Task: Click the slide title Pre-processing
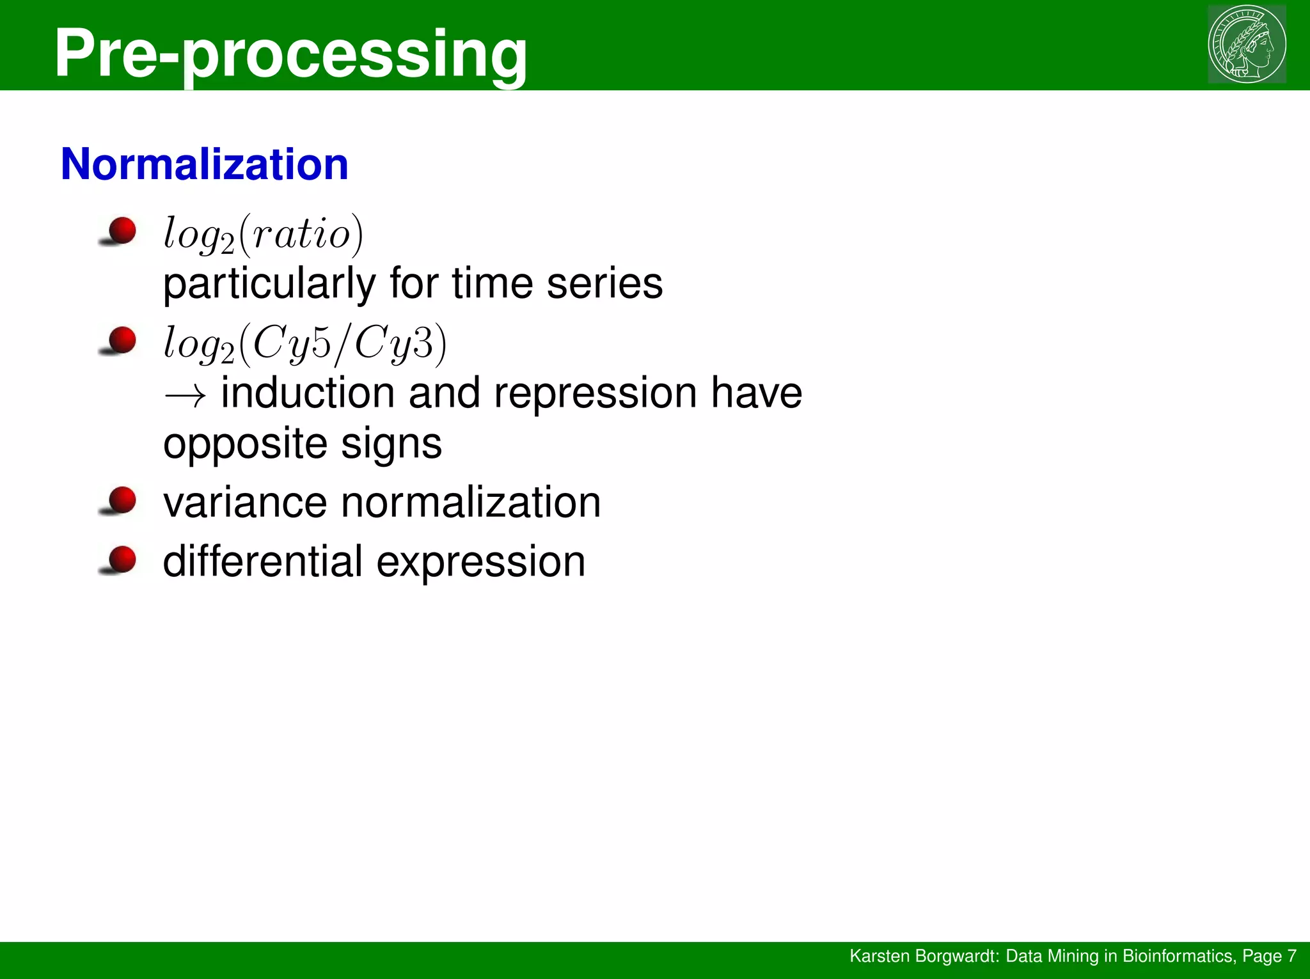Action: (x=291, y=54)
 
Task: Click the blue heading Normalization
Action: (x=204, y=165)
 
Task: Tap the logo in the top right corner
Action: (x=1247, y=44)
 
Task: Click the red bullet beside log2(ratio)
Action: (x=121, y=231)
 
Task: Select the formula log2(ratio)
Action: (x=263, y=235)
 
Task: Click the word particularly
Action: (x=269, y=284)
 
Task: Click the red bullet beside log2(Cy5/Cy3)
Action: (x=121, y=340)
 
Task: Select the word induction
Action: (x=308, y=393)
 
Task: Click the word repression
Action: (x=595, y=393)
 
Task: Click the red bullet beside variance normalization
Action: (x=121, y=501)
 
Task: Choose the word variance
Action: (x=245, y=503)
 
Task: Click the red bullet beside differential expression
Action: (x=121, y=560)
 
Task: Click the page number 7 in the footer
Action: (x=1291, y=956)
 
